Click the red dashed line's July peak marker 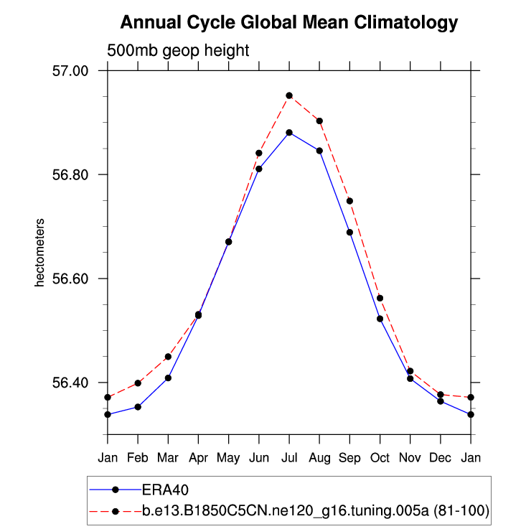point(289,95)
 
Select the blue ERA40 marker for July point(289,133)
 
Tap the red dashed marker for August point(319,121)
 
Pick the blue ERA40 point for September point(350,232)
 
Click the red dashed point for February point(138,383)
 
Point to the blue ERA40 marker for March point(168,378)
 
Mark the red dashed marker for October point(380,298)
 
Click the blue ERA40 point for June point(259,169)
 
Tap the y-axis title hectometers point(41,253)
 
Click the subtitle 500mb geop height point(178,51)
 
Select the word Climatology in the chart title point(405,23)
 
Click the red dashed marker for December point(441,395)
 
